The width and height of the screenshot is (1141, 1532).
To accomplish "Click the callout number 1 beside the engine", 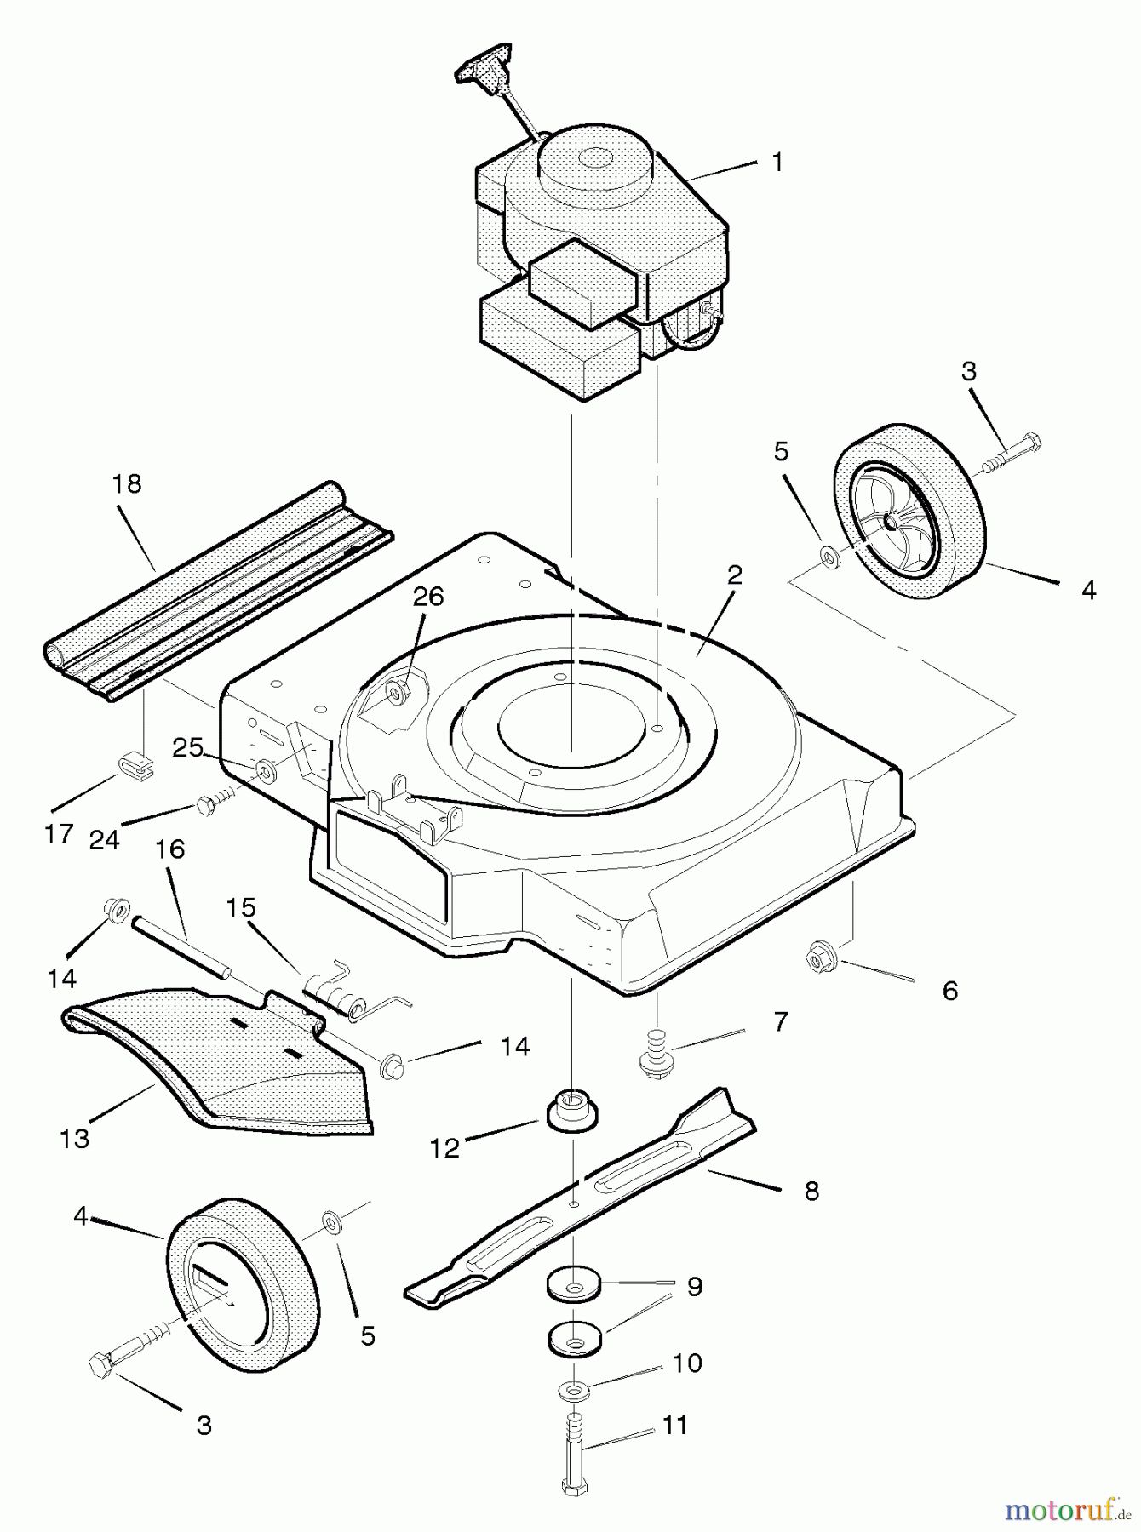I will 777,162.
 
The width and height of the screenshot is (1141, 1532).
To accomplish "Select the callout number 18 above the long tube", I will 127,484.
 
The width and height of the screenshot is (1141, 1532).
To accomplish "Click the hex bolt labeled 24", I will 210,803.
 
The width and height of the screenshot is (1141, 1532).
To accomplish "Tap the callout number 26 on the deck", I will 428,597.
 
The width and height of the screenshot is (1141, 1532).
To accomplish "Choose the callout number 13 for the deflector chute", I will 75,1138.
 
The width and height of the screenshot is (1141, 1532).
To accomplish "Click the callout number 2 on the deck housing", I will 733,574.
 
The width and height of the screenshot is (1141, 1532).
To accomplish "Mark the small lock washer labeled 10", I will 575,1390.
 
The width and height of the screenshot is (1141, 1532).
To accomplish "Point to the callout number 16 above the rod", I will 170,849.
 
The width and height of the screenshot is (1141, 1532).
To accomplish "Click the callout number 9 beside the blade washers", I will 695,1286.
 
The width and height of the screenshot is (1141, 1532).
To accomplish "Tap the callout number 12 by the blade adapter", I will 444,1148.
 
